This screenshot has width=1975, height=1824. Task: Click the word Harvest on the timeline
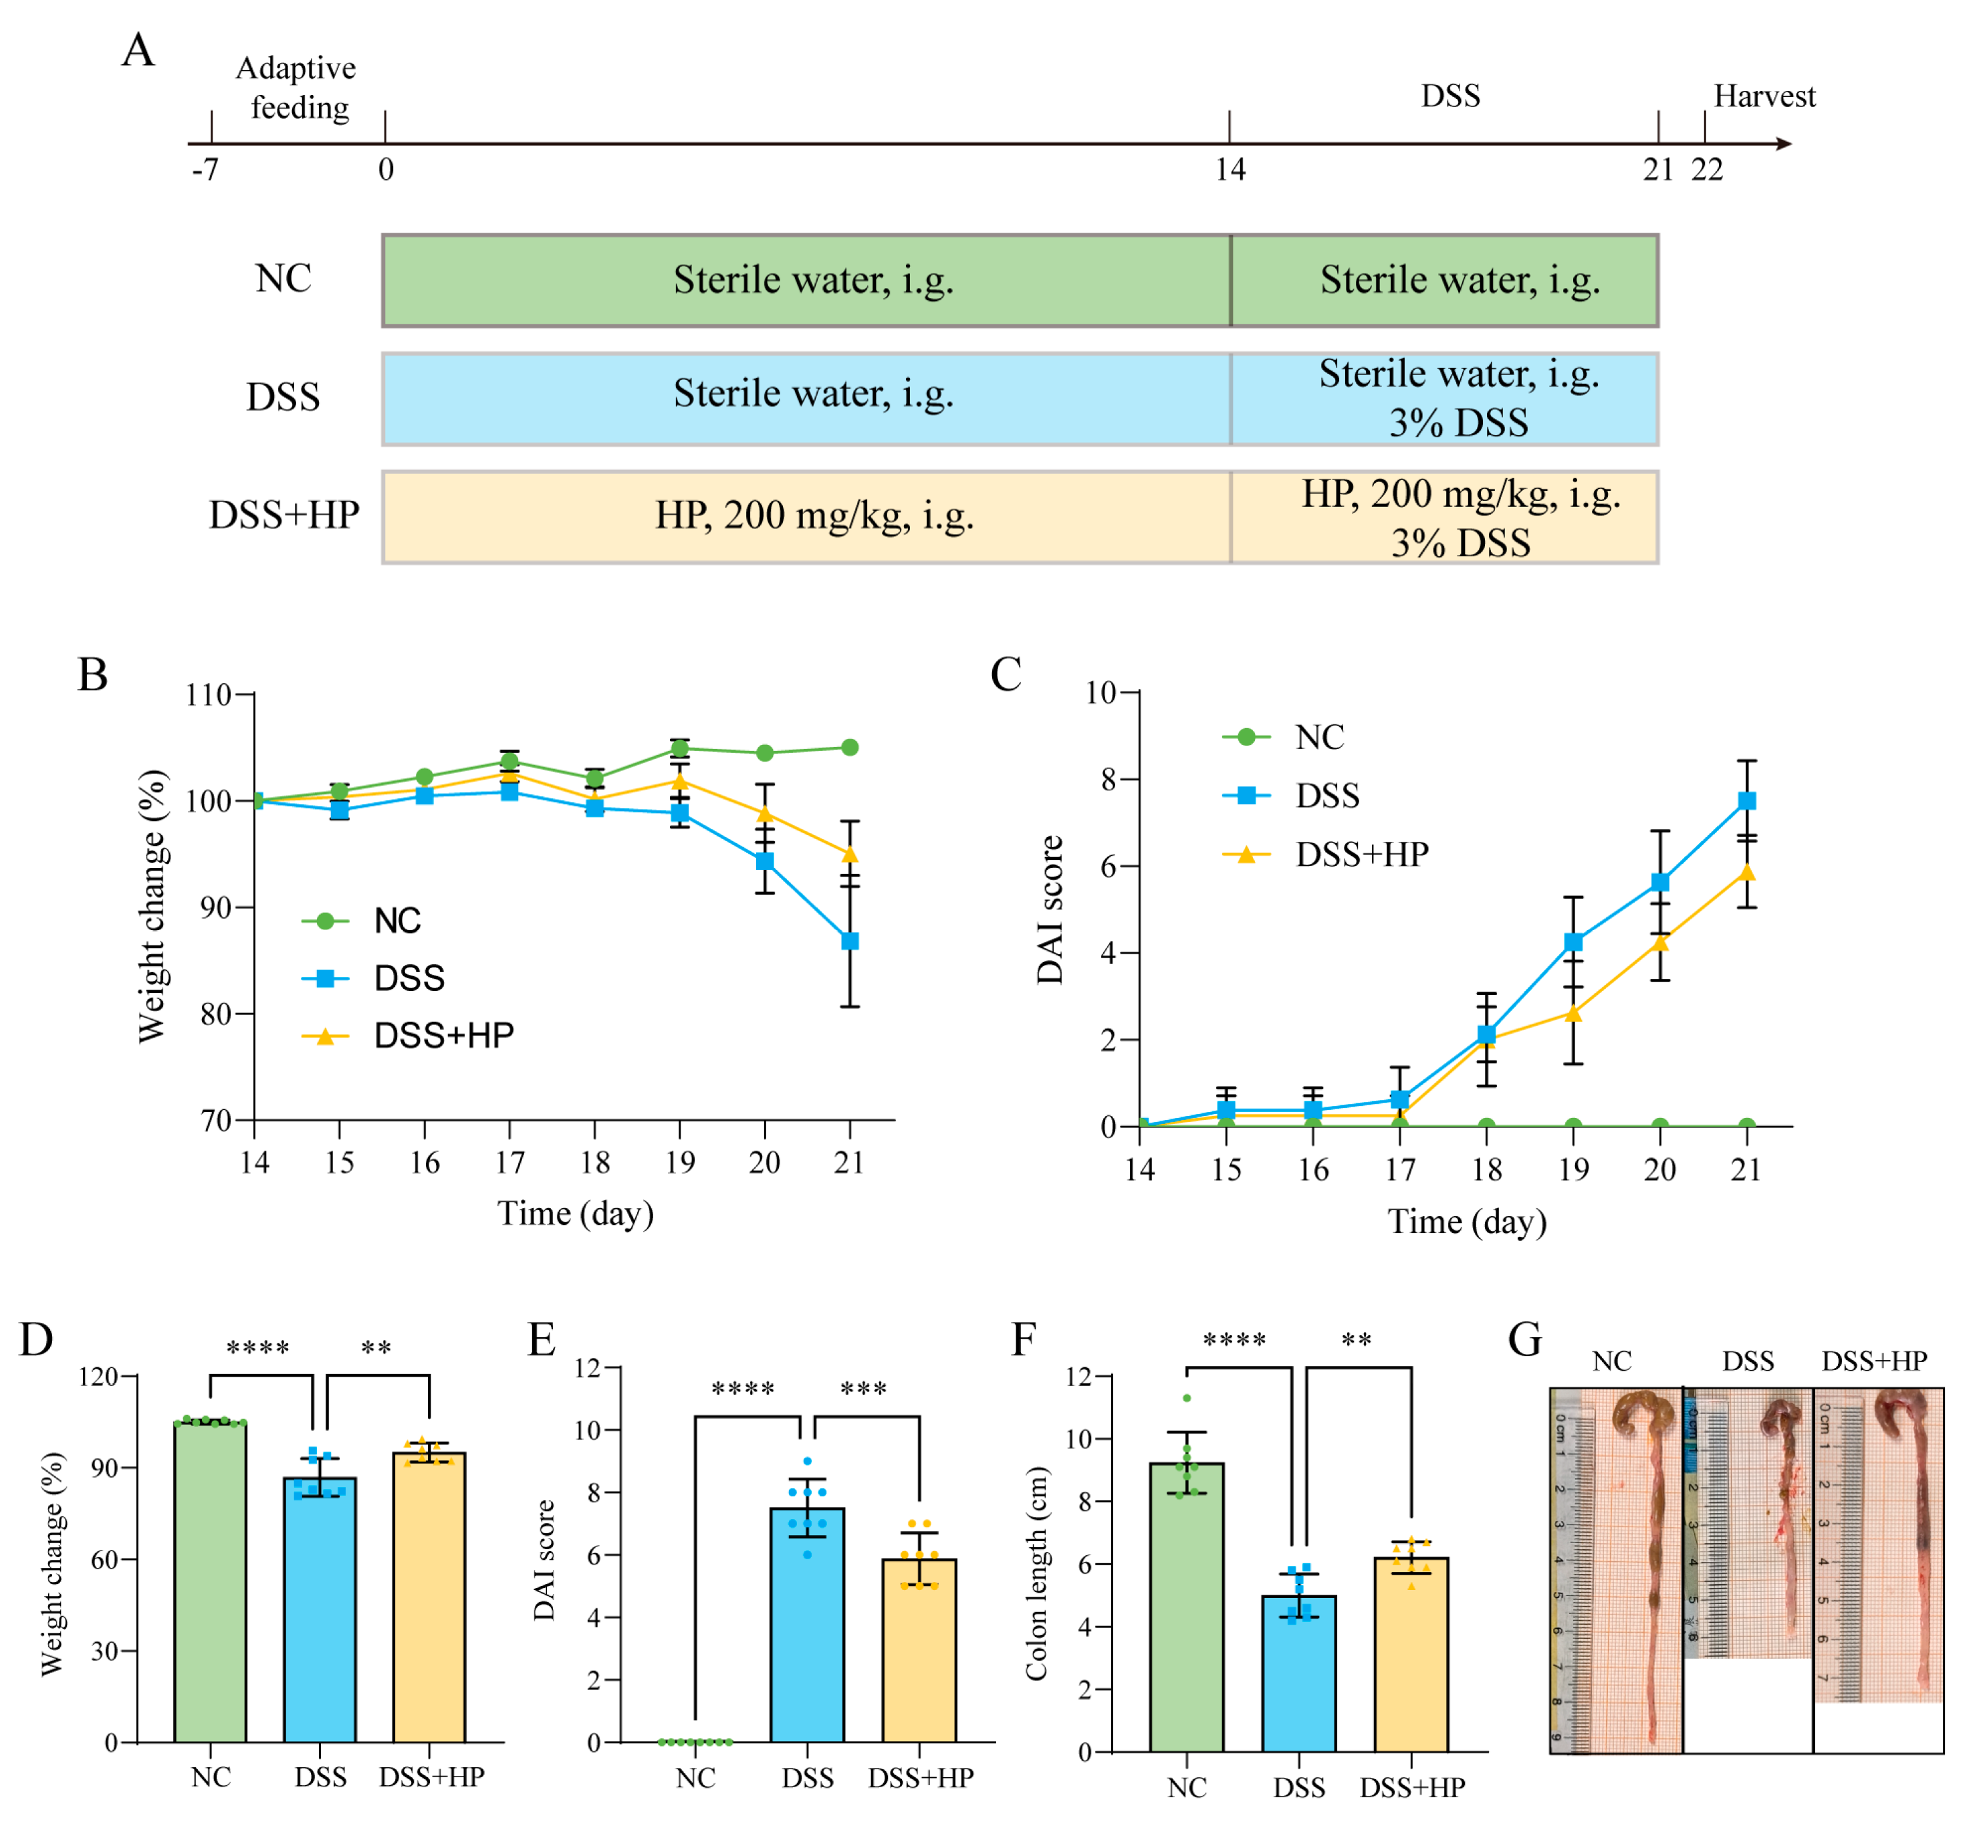(1764, 97)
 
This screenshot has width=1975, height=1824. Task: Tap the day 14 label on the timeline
(1230, 170)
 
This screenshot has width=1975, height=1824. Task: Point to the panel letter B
(93, 675)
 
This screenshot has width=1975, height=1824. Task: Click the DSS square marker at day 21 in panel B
(850, 941)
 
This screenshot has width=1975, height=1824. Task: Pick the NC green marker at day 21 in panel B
(850, 747)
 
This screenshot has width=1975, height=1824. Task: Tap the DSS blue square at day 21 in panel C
(1746, 800)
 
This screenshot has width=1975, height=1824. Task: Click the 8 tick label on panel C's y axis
(1107, 780)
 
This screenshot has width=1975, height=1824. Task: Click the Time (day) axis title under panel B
(576, 1213)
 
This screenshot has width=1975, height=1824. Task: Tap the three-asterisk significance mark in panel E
(864, 1389)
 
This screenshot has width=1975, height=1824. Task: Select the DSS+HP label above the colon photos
(1873, 1361)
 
